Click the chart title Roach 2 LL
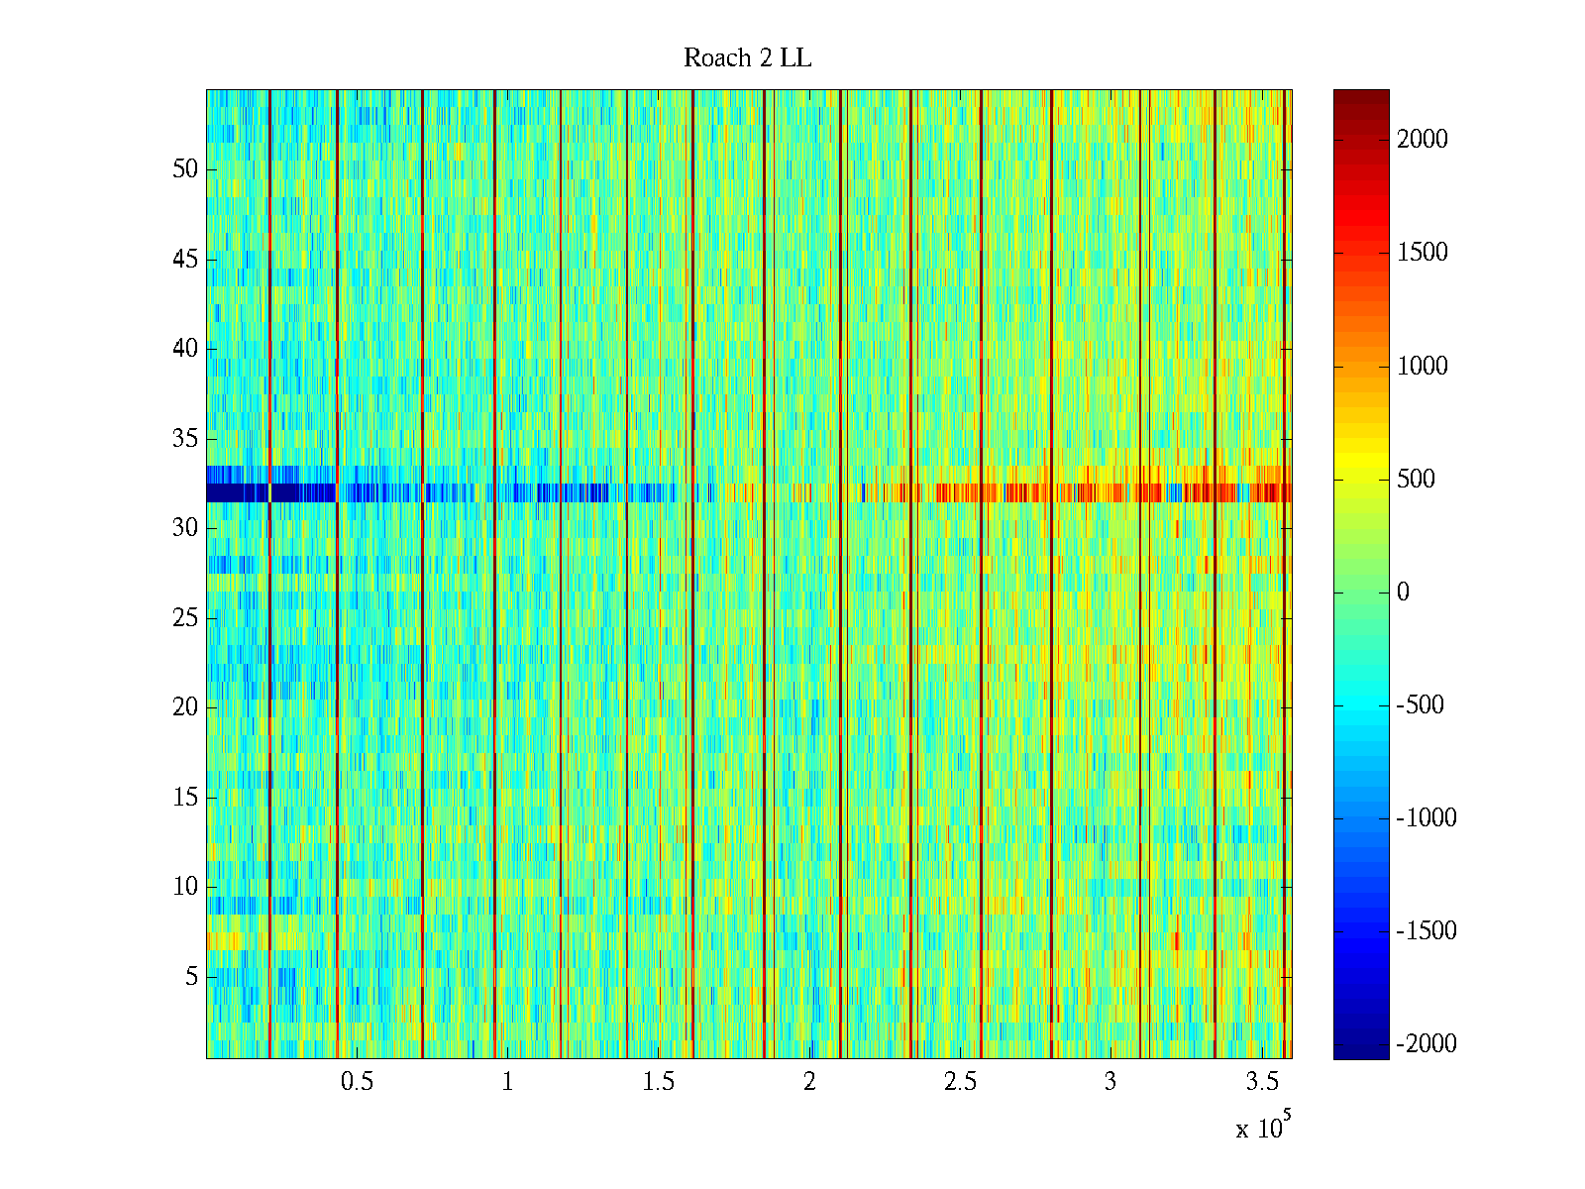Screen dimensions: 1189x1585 [747, 58]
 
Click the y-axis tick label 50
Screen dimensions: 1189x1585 [185, 169]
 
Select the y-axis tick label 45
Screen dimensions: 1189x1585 [185, 260]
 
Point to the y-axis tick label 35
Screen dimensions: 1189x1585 [185, 439]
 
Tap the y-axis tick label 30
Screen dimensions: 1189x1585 [185, 528]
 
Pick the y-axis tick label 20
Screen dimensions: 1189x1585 [185, 707]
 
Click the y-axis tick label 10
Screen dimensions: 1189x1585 [185, 887]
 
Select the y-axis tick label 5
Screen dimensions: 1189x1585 [191, 977]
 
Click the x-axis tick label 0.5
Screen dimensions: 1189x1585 [357, 1082]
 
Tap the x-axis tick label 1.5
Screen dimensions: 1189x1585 [658, 1082]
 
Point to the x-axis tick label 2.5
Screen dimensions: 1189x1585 [960, 1082]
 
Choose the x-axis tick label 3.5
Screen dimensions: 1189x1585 [1261, 1082]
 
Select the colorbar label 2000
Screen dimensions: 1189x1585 [1423, 140]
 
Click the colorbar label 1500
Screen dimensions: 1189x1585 [1423, 253]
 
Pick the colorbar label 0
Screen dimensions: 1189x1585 [1403, 593]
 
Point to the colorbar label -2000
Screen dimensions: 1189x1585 [1426, 1044]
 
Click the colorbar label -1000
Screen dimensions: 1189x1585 [1426, 818]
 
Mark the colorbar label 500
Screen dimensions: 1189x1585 [1416, 480]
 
